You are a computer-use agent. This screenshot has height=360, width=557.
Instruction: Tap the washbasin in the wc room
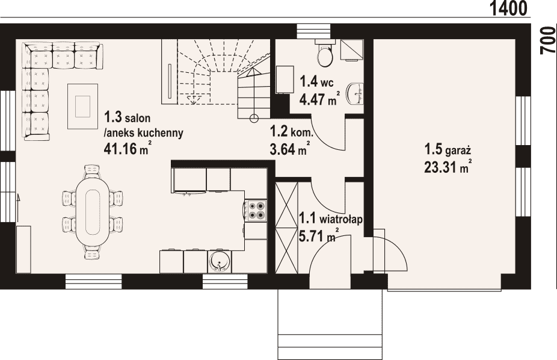pyautogui.click(x=356, y=93)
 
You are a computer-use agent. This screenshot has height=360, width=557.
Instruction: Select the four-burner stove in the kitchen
pyautogui.click(x=256, y=209)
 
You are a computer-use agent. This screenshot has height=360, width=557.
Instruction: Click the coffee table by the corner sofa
pyautogui.click(x=83, y=106)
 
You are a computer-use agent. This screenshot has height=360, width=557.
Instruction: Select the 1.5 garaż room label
pyautogui.click(x=448, y=150)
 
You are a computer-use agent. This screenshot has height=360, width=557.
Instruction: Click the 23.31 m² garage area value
pyautogui.click(x=448, y=167)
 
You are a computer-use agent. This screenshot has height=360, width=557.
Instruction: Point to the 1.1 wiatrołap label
pyautogui.click(x=330, y=219)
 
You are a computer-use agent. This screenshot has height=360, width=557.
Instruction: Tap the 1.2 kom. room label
pyautogui.click(x=291, y=132)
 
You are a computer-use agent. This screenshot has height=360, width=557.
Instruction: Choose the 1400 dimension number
pyautogui.click(x=509, y=8)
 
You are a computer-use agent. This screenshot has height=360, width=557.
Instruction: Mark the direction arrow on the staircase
pyautogui.click(x=193, y=98)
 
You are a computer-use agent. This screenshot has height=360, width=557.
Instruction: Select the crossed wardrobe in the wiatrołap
pyautogui.click(x=287, y=228)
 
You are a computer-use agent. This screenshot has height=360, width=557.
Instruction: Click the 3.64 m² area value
pyautogui.click(x=289, y=149)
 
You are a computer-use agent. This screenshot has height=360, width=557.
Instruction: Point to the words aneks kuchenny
pyautogui.click(x=144, y=132)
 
